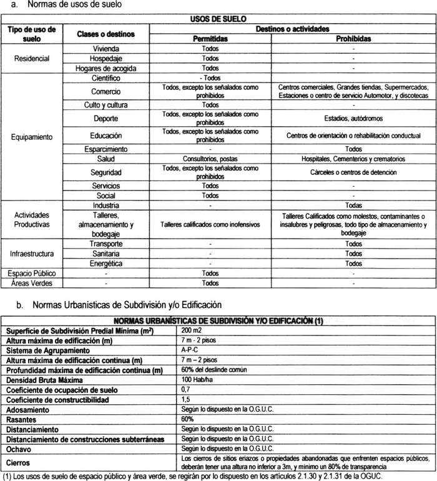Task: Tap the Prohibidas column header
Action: (x=353, y=38)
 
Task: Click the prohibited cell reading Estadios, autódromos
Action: (x=353, y=117)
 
